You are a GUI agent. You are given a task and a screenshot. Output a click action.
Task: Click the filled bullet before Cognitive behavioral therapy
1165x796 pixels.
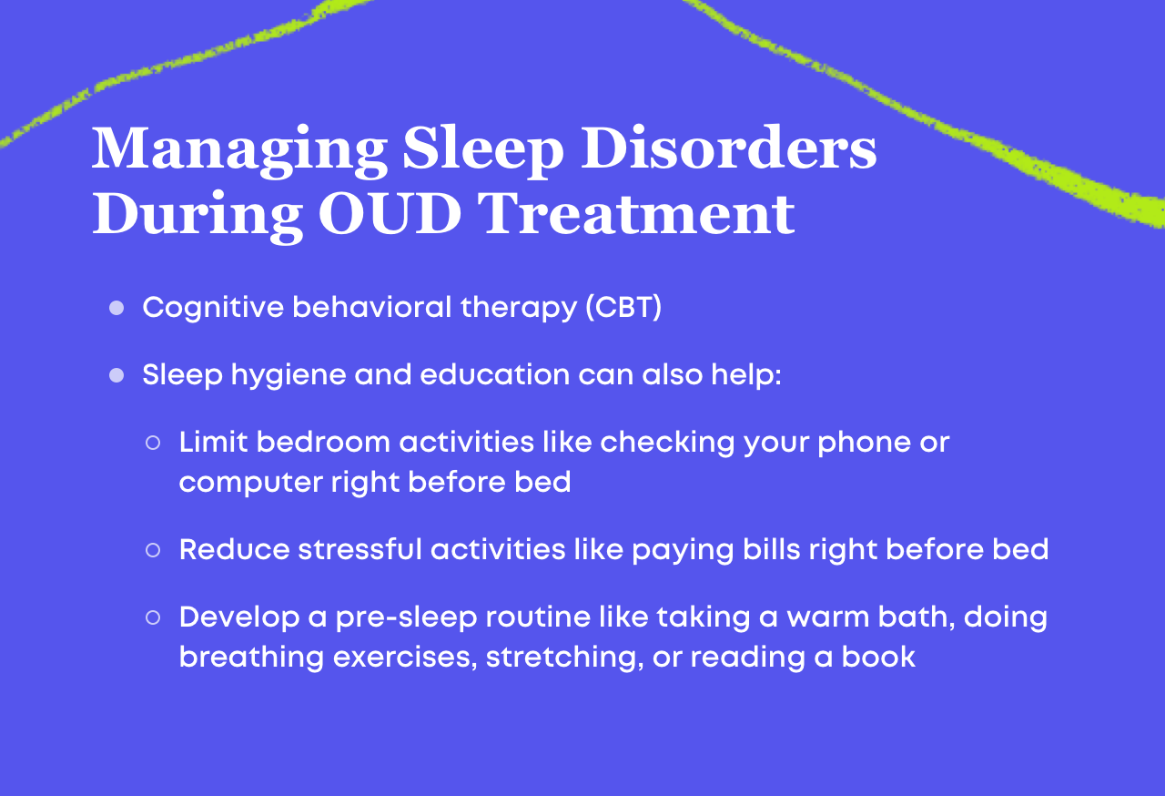pyautogui.click(x=116, y=308)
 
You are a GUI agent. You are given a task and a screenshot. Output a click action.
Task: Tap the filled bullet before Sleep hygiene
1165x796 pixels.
pyautogui.click(x=116, y=375)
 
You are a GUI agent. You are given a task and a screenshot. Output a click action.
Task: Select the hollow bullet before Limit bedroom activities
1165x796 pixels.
pyautogui.click(x=153, y=443)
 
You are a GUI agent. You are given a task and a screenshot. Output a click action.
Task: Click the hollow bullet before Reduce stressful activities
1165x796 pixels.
pyautogui.click(x=153, y=550)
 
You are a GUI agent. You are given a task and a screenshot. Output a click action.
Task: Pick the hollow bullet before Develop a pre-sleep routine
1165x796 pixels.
pyautogui.click(x=153, y=617)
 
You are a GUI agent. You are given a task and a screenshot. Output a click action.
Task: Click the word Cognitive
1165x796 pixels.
pyautogui.click(x=212, y=308)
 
